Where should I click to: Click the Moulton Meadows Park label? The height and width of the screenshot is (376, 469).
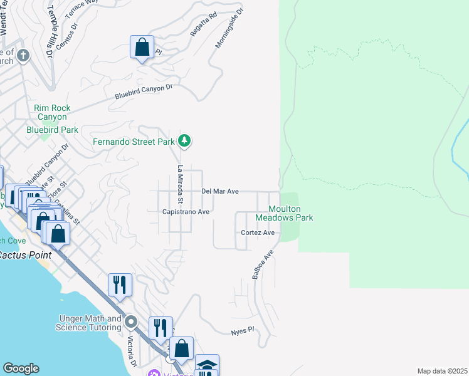[284, 213]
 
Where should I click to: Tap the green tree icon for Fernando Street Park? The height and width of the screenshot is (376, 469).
[184, 141]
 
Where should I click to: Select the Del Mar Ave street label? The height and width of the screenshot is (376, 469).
[219, 191]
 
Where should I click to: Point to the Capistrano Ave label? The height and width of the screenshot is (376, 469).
[186, 212]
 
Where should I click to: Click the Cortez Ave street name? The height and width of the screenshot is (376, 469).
[258, 232]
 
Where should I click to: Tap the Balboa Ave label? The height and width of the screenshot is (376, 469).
[263, 264]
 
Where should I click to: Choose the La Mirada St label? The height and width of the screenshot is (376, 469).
[179, 184]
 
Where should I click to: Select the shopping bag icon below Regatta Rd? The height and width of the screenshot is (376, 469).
[142, 48]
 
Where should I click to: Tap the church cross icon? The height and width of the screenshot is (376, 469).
[23, 56]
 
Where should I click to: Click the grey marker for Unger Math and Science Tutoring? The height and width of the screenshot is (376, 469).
[131, 323]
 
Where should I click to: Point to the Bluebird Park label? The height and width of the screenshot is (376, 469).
[52, 130]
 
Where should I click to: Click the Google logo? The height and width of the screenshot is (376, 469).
[20, 368]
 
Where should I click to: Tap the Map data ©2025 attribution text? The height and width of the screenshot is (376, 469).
[442, 371]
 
